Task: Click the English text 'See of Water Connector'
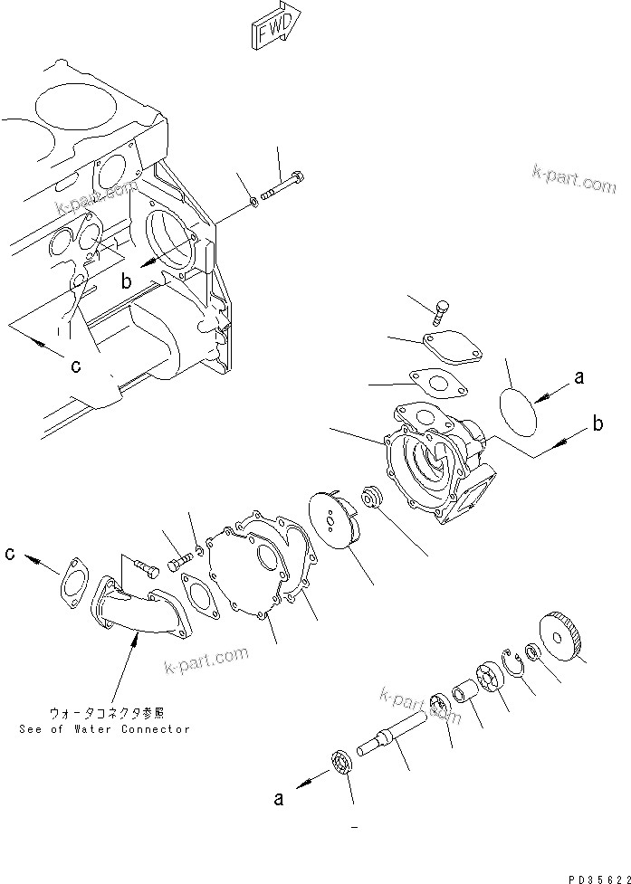pos(104,728)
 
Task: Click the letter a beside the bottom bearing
pos(281,798)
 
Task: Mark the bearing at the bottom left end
pos(343,762)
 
